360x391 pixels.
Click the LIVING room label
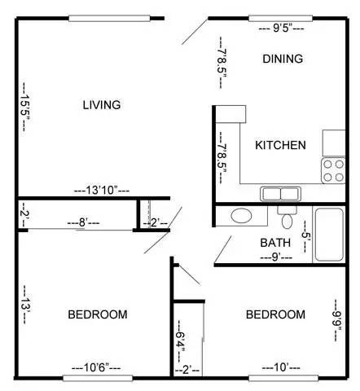[x=103, y=105]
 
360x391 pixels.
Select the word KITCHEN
[x=281, y=146]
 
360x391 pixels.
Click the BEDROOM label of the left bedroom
[x=97, y=314]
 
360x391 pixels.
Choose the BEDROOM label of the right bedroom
[x=275, y=314]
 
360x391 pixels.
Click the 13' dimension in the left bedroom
[x=27, y=307]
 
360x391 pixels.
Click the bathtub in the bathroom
[x=330, y=235]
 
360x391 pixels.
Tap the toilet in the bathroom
[x=286, y=218]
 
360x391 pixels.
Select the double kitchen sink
[x=281, y=194]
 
